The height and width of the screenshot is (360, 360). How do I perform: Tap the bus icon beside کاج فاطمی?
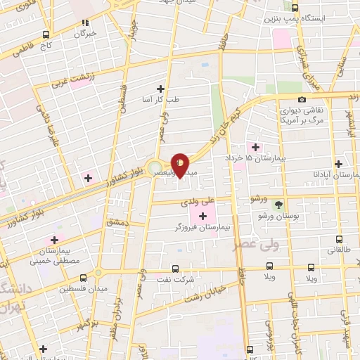click(x=46, y=34)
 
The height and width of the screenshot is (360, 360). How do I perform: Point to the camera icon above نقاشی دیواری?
click(x=302, y=99)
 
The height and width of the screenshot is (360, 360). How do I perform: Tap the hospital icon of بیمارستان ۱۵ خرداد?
click(x=255, y=148)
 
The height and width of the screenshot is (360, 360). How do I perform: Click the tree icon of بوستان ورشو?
click(x=279, y=204)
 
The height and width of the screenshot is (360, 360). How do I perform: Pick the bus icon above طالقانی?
click(x=340, y=239)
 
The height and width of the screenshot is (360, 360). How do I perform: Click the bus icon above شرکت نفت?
click(x=176, y=268)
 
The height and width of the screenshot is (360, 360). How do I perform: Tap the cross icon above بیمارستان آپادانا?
click(x=340, y=163)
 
